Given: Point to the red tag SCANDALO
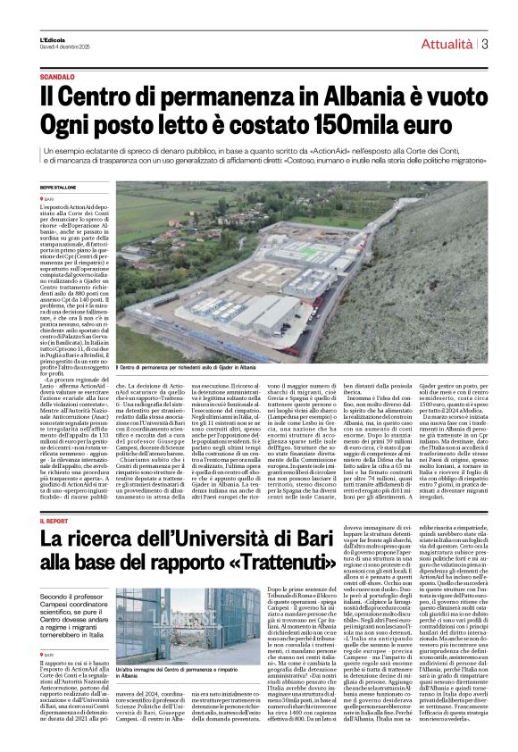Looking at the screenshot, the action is click(x=56, y=76).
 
